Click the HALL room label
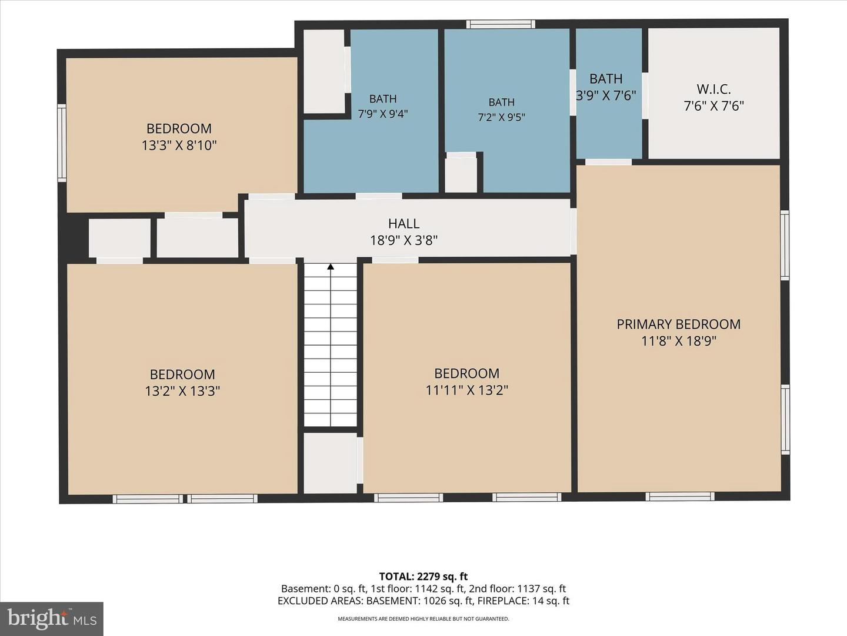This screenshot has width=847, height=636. pyautogui.click(x=404, y=224)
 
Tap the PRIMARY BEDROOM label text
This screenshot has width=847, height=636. pyautogui.click(x=678, y=324)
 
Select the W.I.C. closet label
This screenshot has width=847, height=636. pyautogui.click(x=713, y=89)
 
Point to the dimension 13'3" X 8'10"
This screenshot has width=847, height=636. pyautogui.click(x=179, y=145)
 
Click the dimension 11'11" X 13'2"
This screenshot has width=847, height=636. pyautogui.click(x=466, y=390)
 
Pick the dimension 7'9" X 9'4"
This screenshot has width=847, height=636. pyautogui.click(x=383, y=114)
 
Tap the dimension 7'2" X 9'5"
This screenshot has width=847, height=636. pyautogui.click(x=501, y=117)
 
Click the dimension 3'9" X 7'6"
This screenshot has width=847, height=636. pyautogui.click(x=606, y=95)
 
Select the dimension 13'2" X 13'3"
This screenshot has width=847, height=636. pyautogui.click(x=182, y=391)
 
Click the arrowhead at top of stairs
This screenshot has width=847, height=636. pyautogui.click(x=331, y=266)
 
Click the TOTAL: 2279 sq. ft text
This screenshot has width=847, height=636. pyautogui.click(x=423, y=577)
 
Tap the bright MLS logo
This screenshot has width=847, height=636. pyautogui.click(x=52, y=618)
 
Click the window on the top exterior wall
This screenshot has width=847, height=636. pyautogui.click(x=501, y=24)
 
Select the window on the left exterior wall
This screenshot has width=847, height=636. pyautogui.click(x=62, y=143)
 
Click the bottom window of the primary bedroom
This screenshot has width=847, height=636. pyautogui.click(x=680, y=496)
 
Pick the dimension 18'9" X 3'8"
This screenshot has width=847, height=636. pyautogui.click(x=404, y=241)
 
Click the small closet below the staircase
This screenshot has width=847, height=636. pyautogui.click(x=331, y=463)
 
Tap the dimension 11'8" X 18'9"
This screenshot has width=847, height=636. pyautogui.click(x=678, y=342)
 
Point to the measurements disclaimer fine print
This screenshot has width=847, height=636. pyautogui.click(x=423, y=619)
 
